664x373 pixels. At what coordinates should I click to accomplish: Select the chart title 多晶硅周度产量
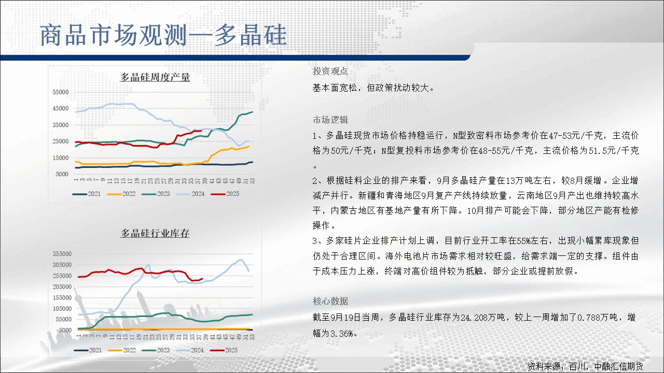click(155, 77)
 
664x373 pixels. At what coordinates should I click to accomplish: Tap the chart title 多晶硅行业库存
click(155, 233)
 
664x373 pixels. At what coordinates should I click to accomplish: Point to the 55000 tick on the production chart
click(61, 92)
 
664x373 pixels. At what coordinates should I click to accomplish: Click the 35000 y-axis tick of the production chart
click(61, 125)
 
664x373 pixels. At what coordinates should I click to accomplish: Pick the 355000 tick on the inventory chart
click(62, 254)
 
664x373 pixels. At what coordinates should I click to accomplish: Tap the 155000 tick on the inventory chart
click(62, 297)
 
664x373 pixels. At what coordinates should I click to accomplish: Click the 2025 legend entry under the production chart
click(225, 194)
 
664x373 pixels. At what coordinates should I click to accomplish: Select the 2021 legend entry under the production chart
click(87, 194)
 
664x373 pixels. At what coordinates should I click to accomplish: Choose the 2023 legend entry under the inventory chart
click(156, 350)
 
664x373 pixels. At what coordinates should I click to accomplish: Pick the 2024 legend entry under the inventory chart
click(190, 350)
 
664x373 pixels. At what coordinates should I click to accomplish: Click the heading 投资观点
click(330, 71)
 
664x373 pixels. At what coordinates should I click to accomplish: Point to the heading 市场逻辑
click(330, 120)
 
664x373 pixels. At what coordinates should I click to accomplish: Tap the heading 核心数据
click(330, 302)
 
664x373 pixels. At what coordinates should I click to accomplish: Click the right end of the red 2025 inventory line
click(202, 279)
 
